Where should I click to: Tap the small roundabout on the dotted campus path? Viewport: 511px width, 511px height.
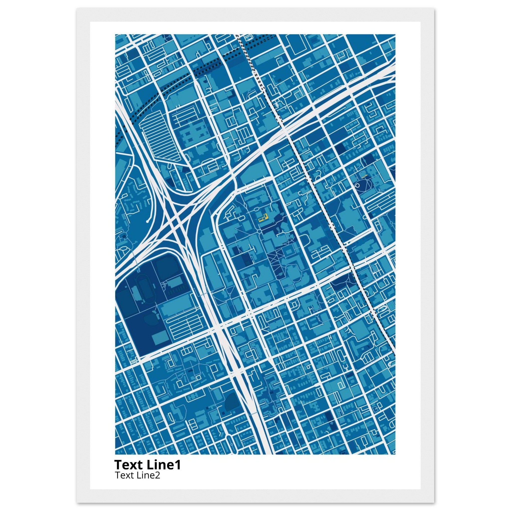pos(259,232)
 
